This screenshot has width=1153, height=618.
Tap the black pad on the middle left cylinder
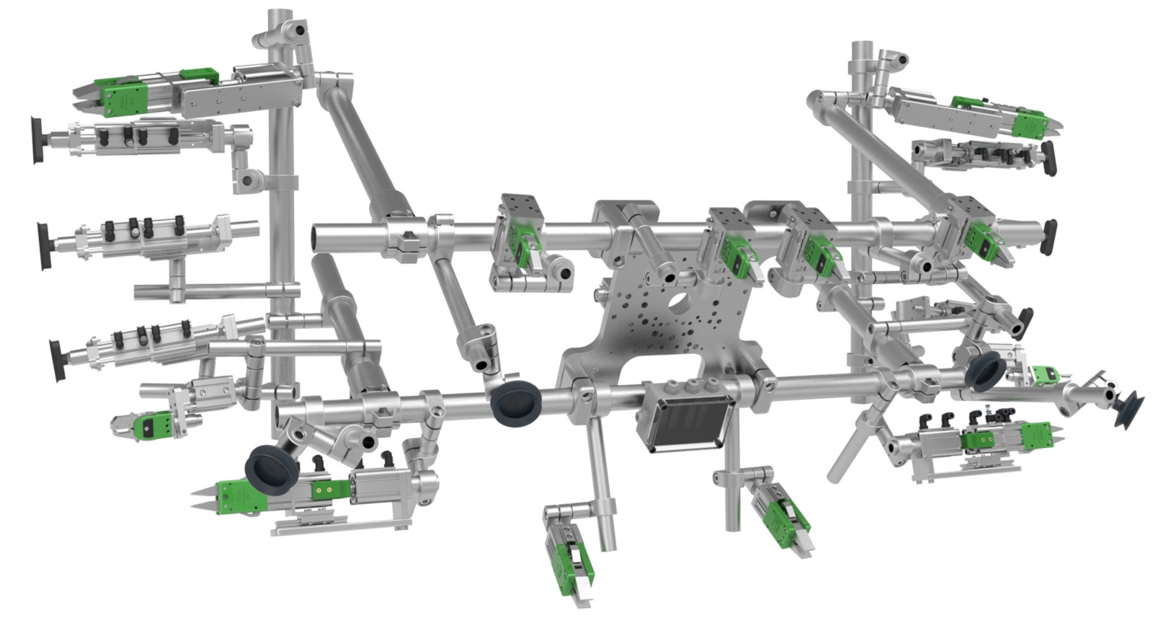click(x=43, y=244)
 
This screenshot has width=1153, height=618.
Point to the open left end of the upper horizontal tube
click(x=315, y=238)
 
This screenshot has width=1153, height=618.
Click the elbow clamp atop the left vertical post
click(x=295, y=30)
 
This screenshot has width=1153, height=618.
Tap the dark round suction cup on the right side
click(x=984, y=369)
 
